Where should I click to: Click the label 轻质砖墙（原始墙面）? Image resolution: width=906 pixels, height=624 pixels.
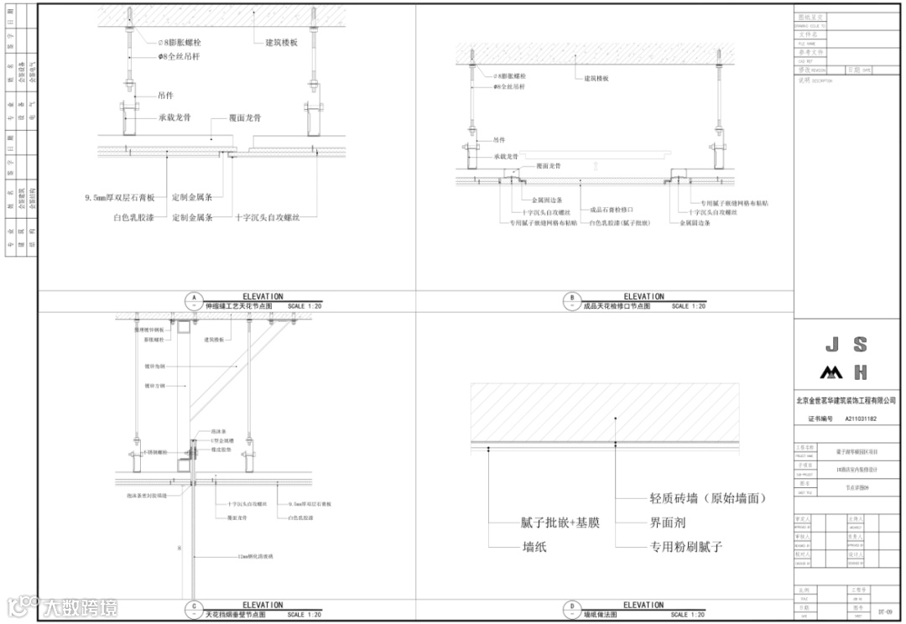708,498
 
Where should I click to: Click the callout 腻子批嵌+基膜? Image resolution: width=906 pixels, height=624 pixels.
561,523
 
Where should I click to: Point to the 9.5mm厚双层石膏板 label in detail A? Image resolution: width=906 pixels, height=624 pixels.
119,198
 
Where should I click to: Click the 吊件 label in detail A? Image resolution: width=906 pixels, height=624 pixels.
165,96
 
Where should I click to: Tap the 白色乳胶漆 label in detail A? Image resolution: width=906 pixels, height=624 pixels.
133,217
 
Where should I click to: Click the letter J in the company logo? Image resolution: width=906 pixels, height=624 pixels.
831,345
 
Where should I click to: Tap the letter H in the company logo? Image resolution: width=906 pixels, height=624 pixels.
860,372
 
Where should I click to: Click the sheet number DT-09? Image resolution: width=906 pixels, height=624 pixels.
884,612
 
